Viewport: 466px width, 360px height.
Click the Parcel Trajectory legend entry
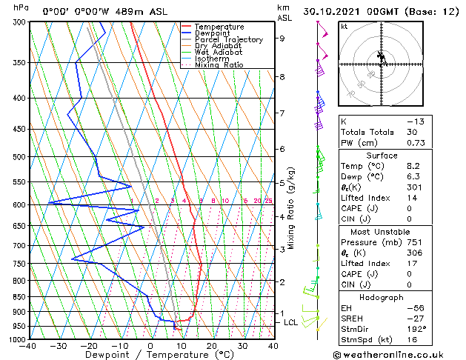(228, 39)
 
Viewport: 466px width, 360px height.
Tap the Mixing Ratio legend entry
(219, 64)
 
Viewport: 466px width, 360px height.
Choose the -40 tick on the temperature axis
(28, 346)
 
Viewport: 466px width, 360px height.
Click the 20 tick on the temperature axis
(211, 346)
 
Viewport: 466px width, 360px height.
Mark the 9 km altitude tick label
(282, 39)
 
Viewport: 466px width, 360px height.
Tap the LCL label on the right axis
(290, 323)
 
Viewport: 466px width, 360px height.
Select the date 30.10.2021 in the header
(348, 12)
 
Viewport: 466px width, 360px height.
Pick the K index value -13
(416, 121)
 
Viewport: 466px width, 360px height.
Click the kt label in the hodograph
(344, 26)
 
